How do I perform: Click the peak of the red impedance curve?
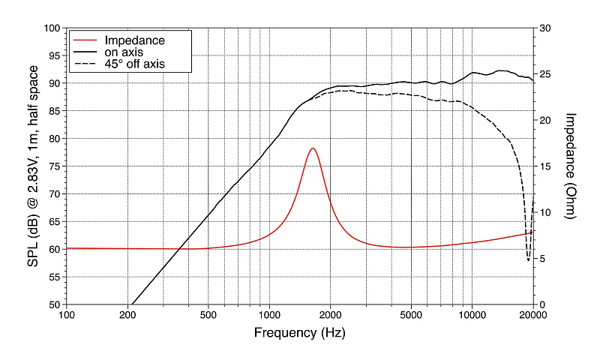pyautogui.click(x=313, y=148)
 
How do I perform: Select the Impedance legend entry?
pyautogui.click(x=135, y=40)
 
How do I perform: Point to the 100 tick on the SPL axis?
pyautogui.click(x=52, y=28)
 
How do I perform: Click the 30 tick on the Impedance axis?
pyautogui.click(x=545, y=28)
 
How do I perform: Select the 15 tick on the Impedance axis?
pyautogui.click(x=545, y=166)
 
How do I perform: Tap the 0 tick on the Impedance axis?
pyautogui.click(x=542, y=304)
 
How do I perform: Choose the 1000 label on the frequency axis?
pyautogui.click(x=269, y=315)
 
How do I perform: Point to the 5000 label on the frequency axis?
pyautogui.click(x=410, y=315)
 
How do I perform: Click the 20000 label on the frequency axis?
pyautogui.click(x=532, y=315)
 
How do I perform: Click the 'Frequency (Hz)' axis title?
pyautogui.click(x=299, y=331)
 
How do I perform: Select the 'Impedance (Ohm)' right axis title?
pyautogui.click(x=570, y=166)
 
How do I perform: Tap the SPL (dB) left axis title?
pyautogui.click(x=33, y=166)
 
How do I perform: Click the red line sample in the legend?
pyautogui.click(x=85, y=40)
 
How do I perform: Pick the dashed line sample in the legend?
pyautogui.click(x=85, y=64)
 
